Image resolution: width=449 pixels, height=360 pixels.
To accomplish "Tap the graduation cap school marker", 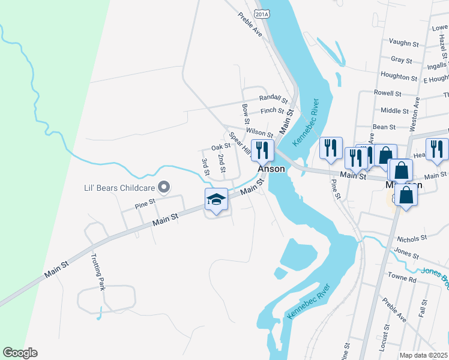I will point(216,200).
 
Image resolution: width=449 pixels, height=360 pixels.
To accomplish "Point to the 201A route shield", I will point(261,13).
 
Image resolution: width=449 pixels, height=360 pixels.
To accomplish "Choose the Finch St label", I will point(273,110).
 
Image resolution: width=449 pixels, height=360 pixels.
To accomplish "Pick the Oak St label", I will point(221,146).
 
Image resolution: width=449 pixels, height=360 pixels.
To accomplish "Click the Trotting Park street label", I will point(98,273).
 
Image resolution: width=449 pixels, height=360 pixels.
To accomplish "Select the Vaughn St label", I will point(403,43).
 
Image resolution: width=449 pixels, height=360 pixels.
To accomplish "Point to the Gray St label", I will point(401,60).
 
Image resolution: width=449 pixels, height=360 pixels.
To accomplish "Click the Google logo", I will point(20,353).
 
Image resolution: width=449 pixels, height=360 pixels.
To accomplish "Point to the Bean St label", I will point(384,127).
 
